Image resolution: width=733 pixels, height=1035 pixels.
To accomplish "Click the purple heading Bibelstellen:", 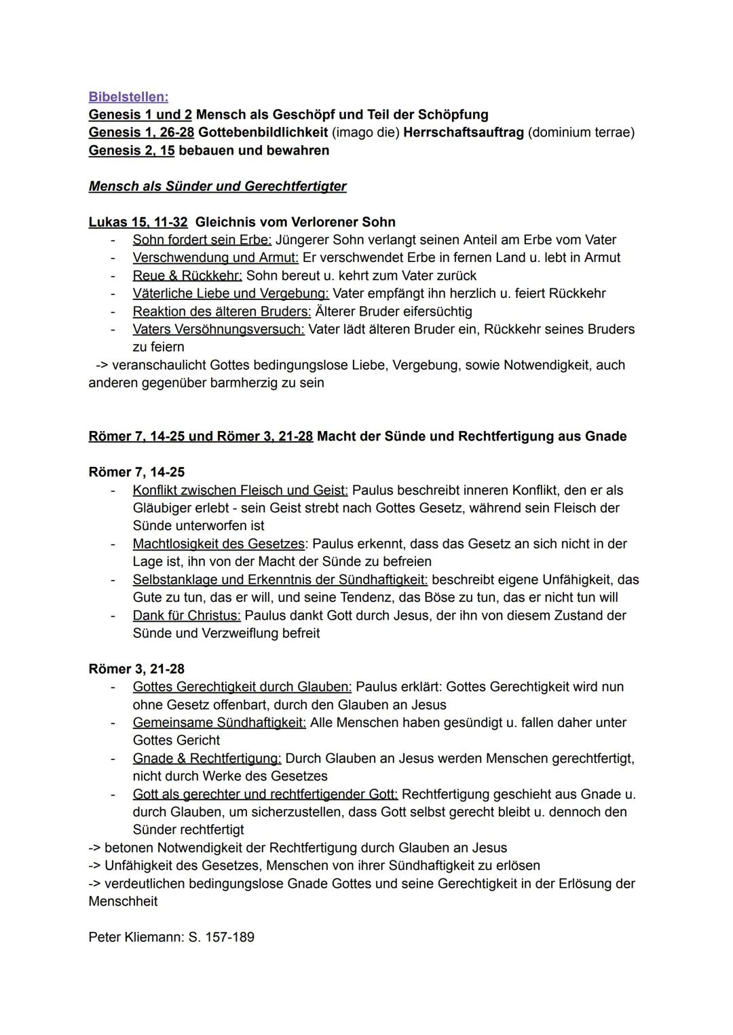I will click(x=128, y=97).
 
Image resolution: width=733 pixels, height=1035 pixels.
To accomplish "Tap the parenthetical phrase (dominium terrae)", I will click(x=581, y=132).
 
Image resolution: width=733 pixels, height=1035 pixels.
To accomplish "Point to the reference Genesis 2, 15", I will click(x=131, y=150).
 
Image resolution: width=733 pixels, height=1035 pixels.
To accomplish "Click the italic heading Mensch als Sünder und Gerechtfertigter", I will click(x=217, y=186).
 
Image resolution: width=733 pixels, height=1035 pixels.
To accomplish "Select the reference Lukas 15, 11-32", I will click(x=138, y=222).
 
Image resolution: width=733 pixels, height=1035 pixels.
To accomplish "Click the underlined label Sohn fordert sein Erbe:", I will click(x=202, y=240).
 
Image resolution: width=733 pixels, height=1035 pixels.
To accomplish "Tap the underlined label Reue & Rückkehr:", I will click(x=187, y=276).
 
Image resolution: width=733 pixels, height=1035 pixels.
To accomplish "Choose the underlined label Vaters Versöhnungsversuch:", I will click(x=219, y=329).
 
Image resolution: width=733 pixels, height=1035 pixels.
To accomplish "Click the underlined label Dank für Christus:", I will click(x=187, y=616).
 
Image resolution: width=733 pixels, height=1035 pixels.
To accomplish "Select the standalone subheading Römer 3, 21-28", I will click(x=136, y=669).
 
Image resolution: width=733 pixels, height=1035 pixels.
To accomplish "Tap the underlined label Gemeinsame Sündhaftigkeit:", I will click(x=219, y=722).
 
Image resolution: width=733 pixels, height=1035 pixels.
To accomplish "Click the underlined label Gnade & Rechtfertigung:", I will click(x=207, y=758).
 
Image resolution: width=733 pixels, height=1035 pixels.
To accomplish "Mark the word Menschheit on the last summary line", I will click(x=123, y=901).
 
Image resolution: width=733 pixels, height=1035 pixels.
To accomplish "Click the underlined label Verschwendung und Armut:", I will click(x=215, y=258).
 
